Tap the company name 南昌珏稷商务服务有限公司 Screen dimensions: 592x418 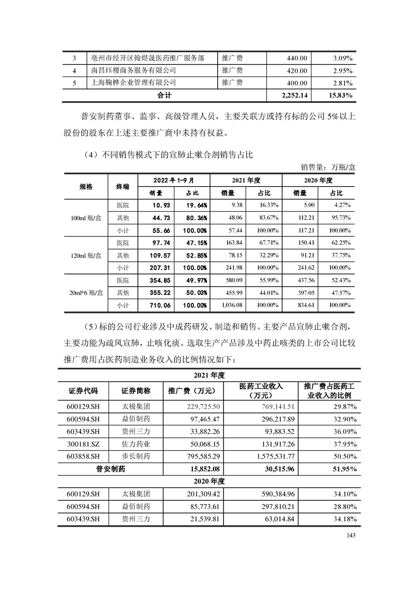[x=133, y=70]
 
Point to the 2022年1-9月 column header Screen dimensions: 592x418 [x=173, y=180]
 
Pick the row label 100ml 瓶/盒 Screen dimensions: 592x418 [x=85, y=217]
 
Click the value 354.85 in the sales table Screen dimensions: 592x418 [x=155, y=280]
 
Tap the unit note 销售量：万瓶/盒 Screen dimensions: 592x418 [x=328, y=167]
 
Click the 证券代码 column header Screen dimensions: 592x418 [x=83, y=392]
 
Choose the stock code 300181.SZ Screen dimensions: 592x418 [x=84, y=444]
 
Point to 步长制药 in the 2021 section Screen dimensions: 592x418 [x=136, y=456]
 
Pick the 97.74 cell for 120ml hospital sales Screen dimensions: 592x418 [x=155, y=243]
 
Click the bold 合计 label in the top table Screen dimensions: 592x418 [x=165, y=96]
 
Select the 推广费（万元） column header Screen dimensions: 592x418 [x=192, y=392]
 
